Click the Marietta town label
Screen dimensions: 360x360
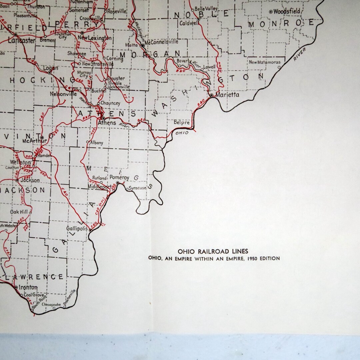[227, 95]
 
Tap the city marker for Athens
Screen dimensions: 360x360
[103, 118]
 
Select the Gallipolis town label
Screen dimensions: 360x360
[77, 229]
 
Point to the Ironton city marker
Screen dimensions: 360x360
[16, 287]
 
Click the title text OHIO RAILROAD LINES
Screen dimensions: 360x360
[213, 251]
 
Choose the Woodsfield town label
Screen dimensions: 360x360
[287, 12]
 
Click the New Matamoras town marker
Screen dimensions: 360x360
[279, 67]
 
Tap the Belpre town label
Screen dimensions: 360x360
[182, 122]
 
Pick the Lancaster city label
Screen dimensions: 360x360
[21, 41]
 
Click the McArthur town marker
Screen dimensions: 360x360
[42, 137]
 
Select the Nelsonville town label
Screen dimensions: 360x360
[63, 94]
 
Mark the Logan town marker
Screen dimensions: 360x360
[49, 72]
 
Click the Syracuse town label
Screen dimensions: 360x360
[138, 188]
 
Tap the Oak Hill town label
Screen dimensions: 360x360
[19, 212]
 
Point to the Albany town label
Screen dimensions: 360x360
[97, 143]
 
